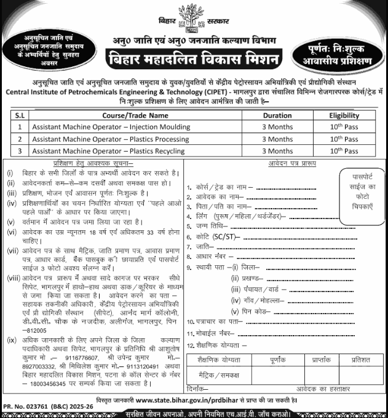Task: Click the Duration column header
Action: click(x=277, y=115)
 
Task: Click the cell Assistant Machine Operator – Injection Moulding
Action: click(x=111, y=127)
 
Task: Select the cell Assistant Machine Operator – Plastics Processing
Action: click(x=112, y=139)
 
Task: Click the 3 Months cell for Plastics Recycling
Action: click(x=277, y=150)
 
